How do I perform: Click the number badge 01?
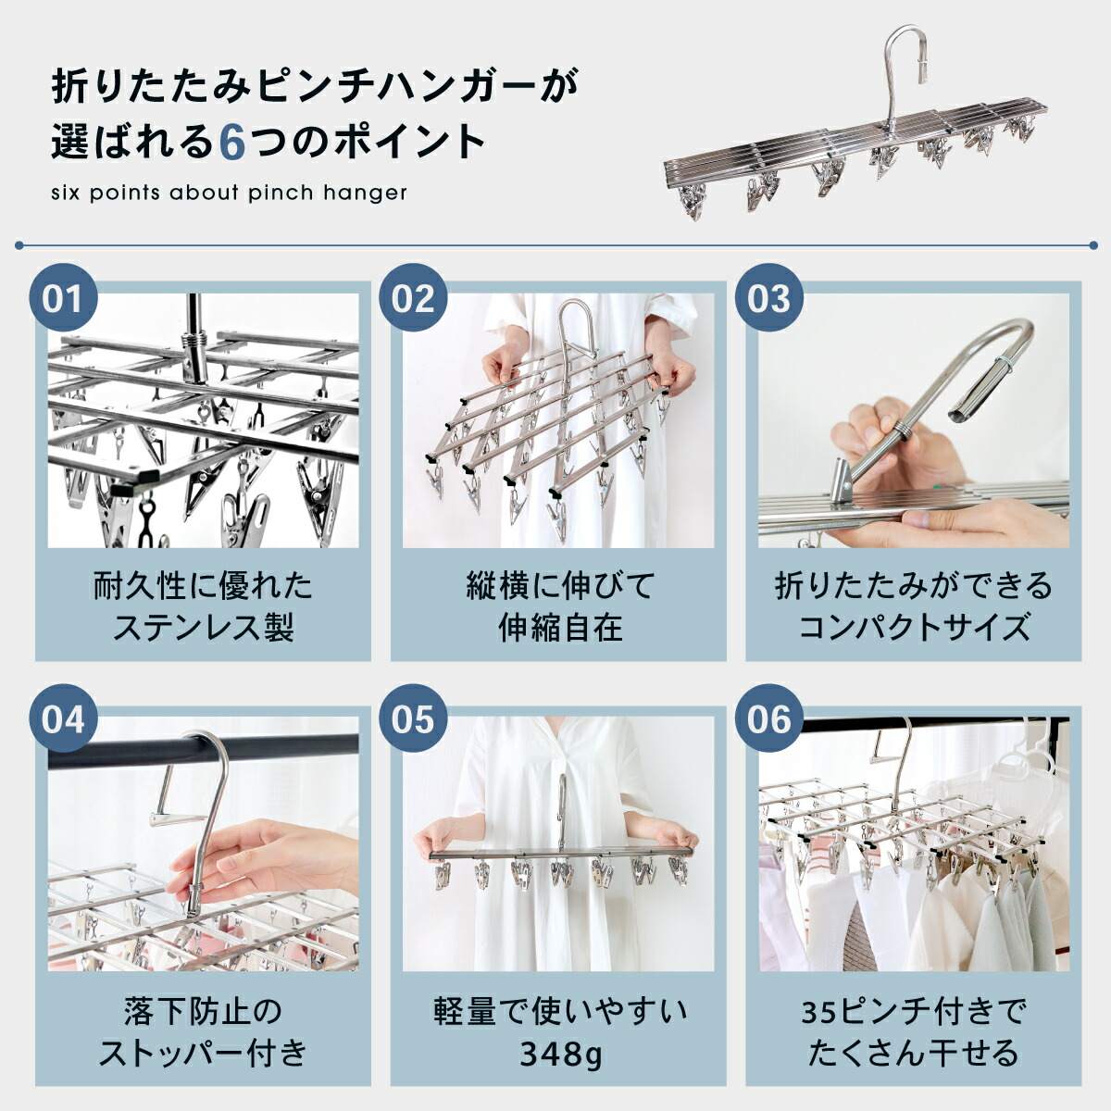click(64, 297)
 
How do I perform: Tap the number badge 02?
click(413, 297)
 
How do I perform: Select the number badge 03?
click(769, 297)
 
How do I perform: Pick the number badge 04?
click(64, 718)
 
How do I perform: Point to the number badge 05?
click(413, 718)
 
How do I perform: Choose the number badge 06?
click(769, 718)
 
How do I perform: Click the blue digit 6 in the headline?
click(233, 143)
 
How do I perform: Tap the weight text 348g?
click(560, 1054)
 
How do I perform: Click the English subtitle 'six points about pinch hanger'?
click(229, 193)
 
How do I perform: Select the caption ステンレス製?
click(203, 628)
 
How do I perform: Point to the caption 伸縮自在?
click(560, 628)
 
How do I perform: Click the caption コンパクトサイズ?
click(914, 628)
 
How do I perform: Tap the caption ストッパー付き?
click(203, 1054)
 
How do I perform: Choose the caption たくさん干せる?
click(914, 1054)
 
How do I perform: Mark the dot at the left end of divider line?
click(19, 245)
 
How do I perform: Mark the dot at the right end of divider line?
click(1093, 245)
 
